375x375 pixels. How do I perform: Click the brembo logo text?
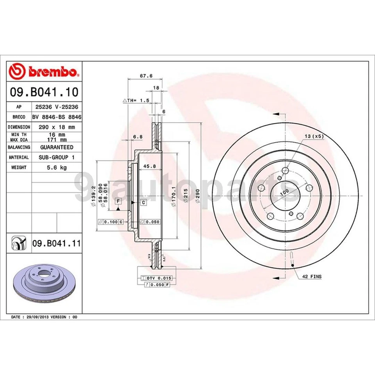coord(49,72)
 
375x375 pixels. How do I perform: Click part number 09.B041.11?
coord(56,243)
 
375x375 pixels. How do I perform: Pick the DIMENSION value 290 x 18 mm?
coord(56,127)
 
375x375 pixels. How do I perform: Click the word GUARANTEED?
coord(56,147)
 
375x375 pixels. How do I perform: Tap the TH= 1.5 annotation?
coord(137,100)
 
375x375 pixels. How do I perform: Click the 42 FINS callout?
coord(311,277)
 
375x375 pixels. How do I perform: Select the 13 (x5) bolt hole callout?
coord(314,136)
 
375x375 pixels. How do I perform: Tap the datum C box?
coord(143,202)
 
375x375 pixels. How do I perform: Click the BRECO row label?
coord(19,117)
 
